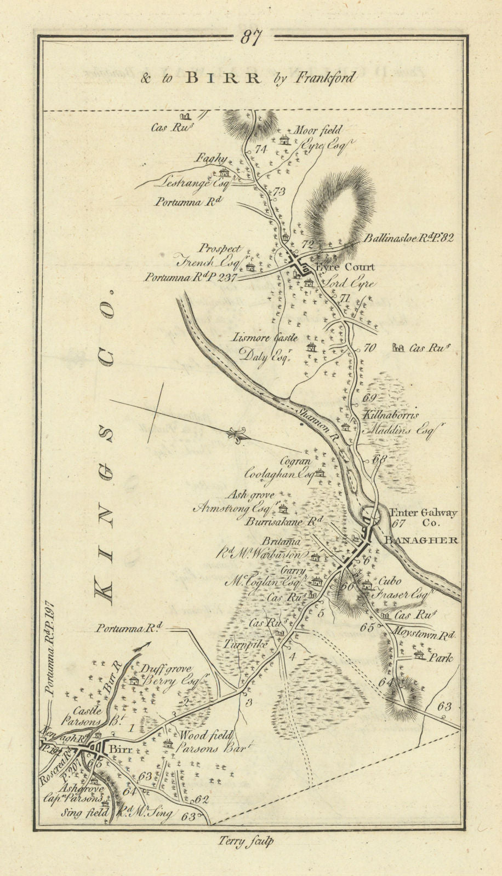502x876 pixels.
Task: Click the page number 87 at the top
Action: click(x=251, y=37)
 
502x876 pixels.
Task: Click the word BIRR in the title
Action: click(x=223, y=78)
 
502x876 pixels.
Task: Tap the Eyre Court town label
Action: click(x=344, y=267)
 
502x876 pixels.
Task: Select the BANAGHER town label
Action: click(x=421, y=540)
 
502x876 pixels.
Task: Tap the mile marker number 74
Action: click(x=260, y=149)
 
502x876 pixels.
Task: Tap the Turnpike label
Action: click(x=245, y=645)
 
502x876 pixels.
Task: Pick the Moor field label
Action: click(x=318, y=130)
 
